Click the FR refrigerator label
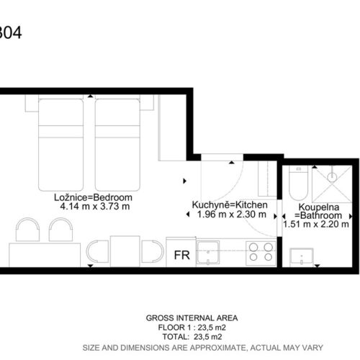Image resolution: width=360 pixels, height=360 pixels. pos(182,255)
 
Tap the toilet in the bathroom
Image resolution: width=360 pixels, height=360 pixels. pos(298,183)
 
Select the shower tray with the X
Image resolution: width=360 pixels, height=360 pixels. pos(332,184)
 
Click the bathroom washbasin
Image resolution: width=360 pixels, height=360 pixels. pos(302,257)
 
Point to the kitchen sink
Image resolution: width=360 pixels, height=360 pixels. pos(208,253)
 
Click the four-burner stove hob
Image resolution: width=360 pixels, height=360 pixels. pos(261,253)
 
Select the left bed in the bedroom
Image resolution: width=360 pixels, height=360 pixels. pos(60,145)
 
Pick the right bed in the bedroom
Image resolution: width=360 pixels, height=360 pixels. pos(117,145)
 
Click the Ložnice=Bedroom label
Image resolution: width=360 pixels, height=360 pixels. pos(93,197)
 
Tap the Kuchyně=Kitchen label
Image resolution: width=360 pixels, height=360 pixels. pos(230,205)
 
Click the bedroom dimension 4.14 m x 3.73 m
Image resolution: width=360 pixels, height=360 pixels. pos(95,207)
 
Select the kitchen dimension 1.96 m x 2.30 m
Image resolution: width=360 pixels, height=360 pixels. pos(232,215)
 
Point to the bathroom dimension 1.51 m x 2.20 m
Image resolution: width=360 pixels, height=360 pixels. pos(316,224)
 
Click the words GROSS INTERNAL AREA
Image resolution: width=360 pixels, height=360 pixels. pos(192,318)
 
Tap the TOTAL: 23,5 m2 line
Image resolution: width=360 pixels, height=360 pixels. pos(192,337)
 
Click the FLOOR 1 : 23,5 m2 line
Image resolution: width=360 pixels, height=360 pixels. pos(192,328)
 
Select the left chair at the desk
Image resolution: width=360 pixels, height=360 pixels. pos(27,230)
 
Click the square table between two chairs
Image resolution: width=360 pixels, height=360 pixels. pos(125,251)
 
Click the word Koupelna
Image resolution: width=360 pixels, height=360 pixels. pos(319,207)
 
